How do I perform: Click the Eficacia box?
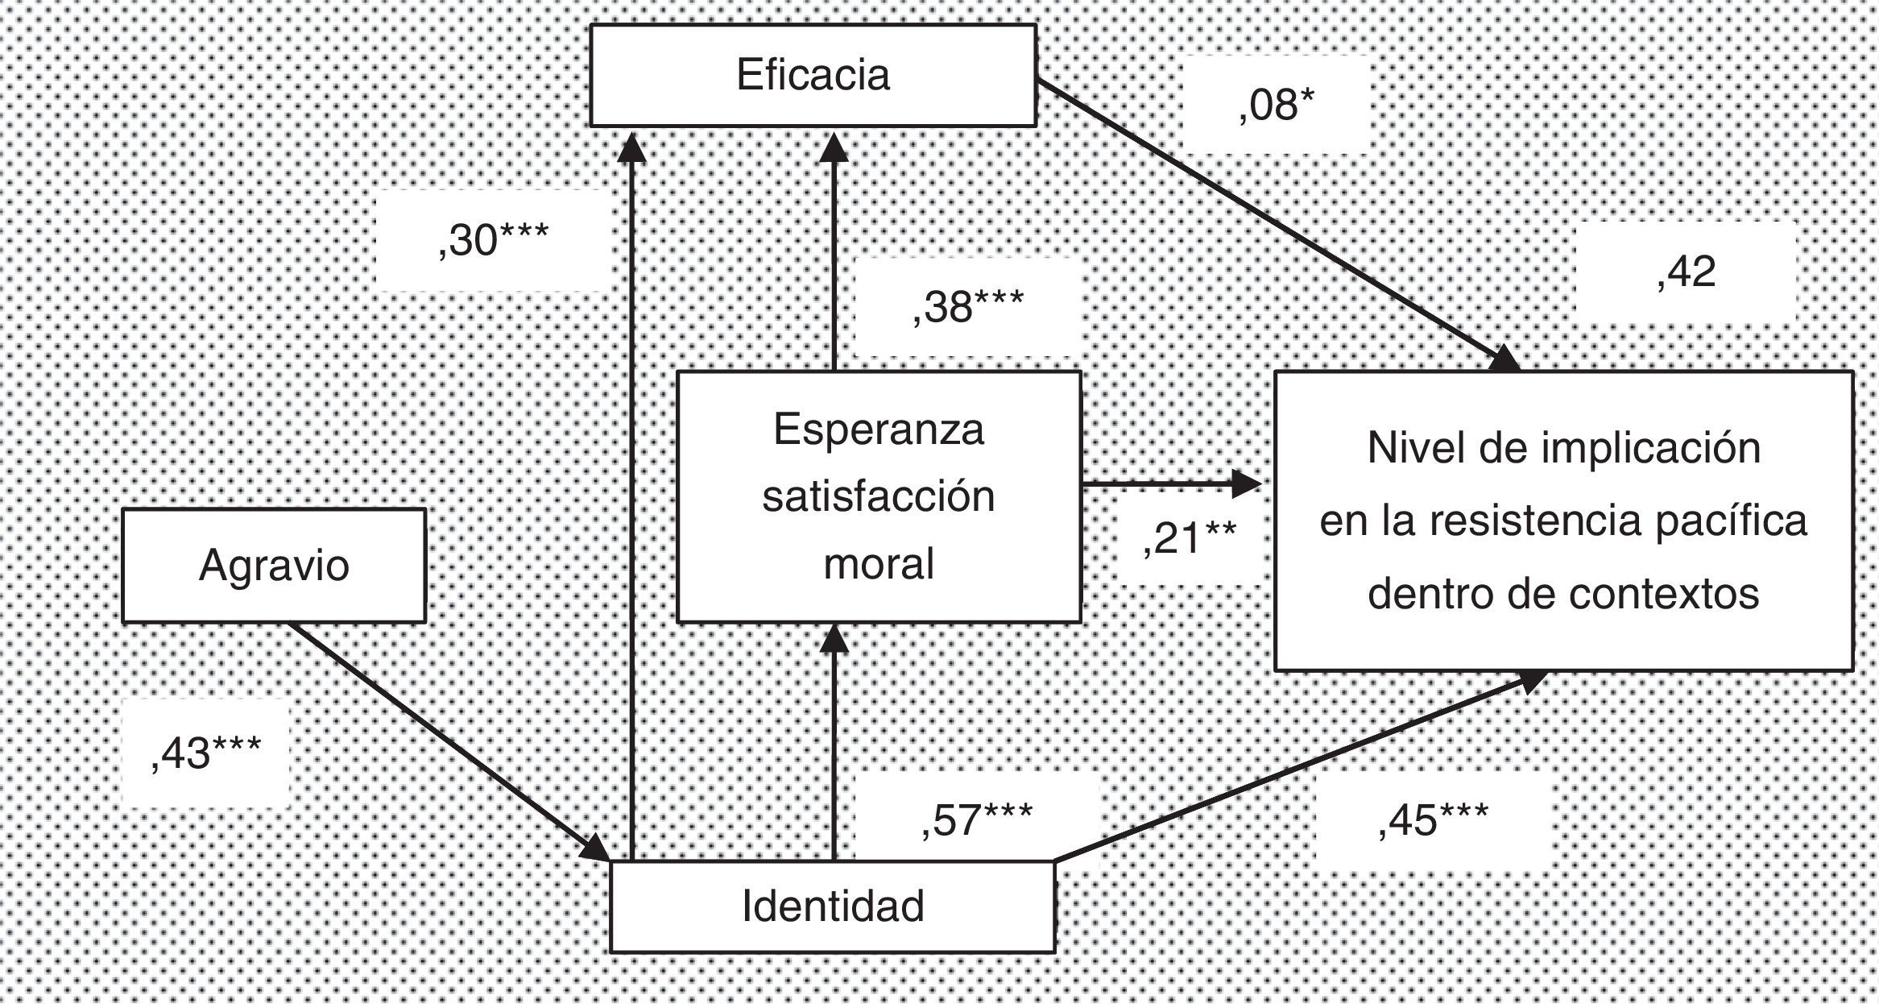813,76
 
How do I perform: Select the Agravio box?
274,566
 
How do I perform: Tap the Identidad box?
832,907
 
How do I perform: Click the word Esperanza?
879,429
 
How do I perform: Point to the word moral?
879,563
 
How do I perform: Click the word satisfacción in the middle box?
879,496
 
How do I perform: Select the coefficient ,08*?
1277,106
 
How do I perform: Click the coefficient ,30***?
493,240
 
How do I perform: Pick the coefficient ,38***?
967,308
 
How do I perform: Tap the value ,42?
1687,272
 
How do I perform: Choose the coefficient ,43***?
206,754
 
